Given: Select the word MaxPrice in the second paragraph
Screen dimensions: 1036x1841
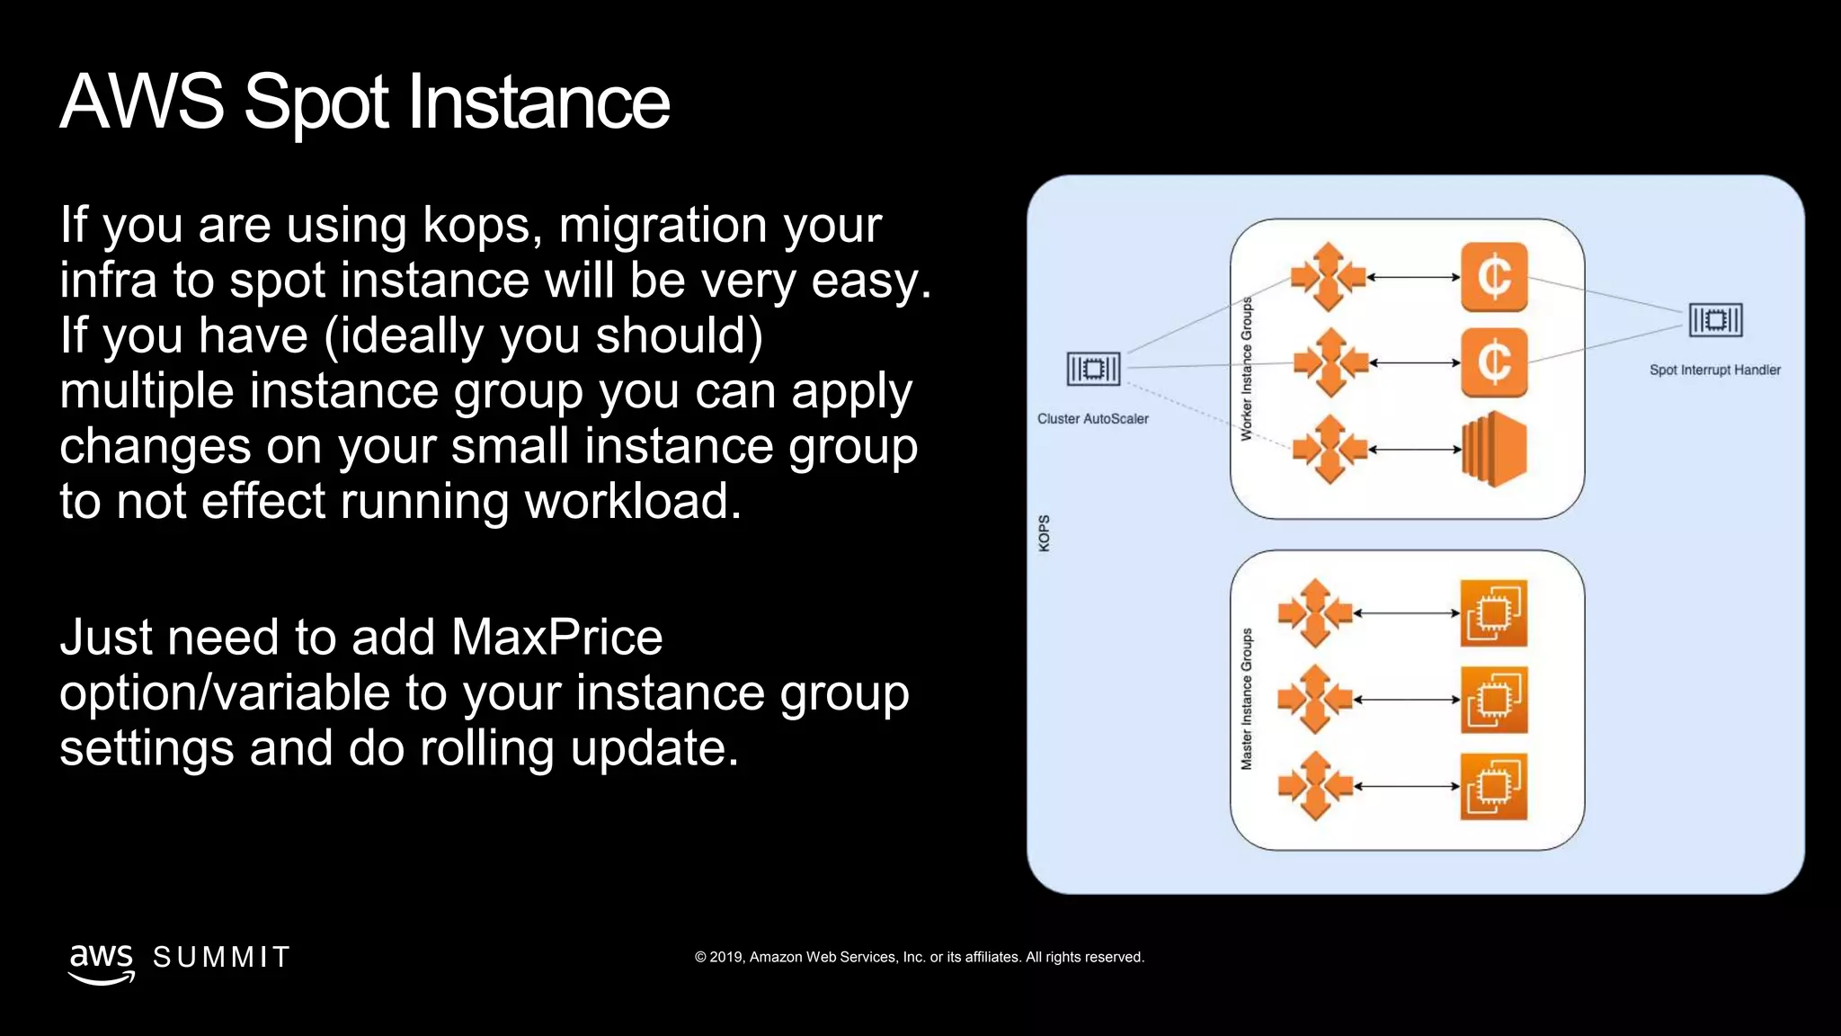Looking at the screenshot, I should (556, 638).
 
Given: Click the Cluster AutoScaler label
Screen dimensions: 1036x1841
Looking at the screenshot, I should (1092, 419).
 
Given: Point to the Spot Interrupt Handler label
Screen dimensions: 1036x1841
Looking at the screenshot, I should (1714, 370).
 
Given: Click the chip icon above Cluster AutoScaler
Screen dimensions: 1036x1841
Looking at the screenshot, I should (1093, 369).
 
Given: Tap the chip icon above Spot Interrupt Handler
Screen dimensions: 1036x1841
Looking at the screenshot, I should (1715, 320).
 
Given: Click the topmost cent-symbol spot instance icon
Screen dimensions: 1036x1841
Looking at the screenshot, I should (1494, 277).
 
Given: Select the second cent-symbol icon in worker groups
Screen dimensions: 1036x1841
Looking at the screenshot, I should (1494, 363).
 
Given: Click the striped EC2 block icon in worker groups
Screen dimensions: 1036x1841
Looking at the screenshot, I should (1494, 450).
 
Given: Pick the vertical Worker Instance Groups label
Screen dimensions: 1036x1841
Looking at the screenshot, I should (1247, 369).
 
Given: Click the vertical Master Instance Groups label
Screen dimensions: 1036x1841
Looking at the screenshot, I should (1247, 700).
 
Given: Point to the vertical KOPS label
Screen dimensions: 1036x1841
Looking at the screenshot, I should (1044, 533).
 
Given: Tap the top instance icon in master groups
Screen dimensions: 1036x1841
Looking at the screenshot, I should (1494, 613).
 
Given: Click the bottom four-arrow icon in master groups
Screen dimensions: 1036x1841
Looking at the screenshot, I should (1314, 786).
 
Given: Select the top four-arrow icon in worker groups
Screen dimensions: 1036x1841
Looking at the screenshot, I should (1328, 277).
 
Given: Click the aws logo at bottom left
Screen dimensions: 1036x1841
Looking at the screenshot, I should (101, 962).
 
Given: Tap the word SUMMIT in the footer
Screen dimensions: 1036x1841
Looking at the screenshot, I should (221, 958).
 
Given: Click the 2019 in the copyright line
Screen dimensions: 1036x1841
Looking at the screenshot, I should (725, 958).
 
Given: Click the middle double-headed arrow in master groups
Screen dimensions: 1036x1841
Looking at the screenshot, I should (1407, 700).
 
